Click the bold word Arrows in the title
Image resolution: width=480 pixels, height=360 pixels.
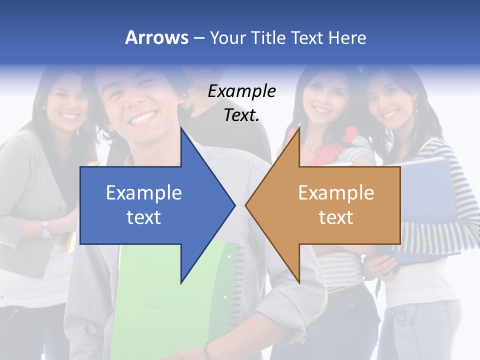156,37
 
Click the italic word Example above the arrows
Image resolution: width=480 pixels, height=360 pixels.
242,91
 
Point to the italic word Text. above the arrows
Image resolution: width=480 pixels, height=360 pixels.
241,115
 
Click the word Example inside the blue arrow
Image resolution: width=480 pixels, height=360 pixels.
144,192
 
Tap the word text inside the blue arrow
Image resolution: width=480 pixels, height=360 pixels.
144,217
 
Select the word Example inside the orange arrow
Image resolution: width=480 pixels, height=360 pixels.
336,192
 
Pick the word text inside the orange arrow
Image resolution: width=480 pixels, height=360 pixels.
336,217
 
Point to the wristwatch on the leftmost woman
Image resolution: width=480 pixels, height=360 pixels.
46,229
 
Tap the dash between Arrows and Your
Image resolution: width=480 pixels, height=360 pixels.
198,38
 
